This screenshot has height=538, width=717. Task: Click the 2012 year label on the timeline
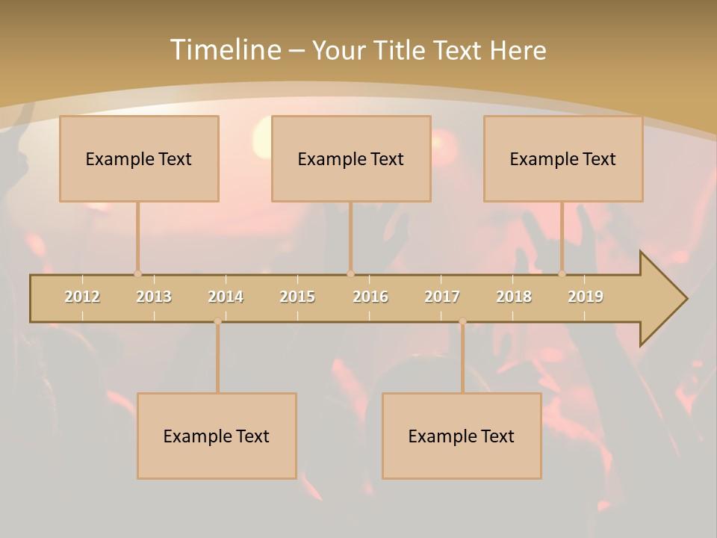point(82,297)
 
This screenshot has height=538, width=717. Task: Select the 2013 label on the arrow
point(154,297)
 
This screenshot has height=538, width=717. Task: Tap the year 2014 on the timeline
point(226,297)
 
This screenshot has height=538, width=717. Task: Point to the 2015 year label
point(297,297)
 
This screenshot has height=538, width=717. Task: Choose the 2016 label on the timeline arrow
point(370,297)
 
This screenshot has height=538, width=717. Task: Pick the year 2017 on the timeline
point(442,297)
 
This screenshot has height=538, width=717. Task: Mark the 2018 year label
point(514,297)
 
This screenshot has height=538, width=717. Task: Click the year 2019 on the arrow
point(586,297)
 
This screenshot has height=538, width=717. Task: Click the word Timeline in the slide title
point(224,50)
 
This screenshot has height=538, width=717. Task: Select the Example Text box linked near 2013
point(139,158)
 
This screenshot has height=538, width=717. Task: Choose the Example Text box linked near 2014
point(217,436)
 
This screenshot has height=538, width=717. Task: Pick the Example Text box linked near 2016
point(351,158)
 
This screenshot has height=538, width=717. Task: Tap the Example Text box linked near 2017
point(462,436)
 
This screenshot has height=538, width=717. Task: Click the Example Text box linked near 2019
point(563,158)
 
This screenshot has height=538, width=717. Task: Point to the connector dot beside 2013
point(137,273)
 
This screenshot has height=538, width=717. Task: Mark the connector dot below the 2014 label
point(217,321)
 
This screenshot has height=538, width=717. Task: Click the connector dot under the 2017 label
point(462,321)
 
